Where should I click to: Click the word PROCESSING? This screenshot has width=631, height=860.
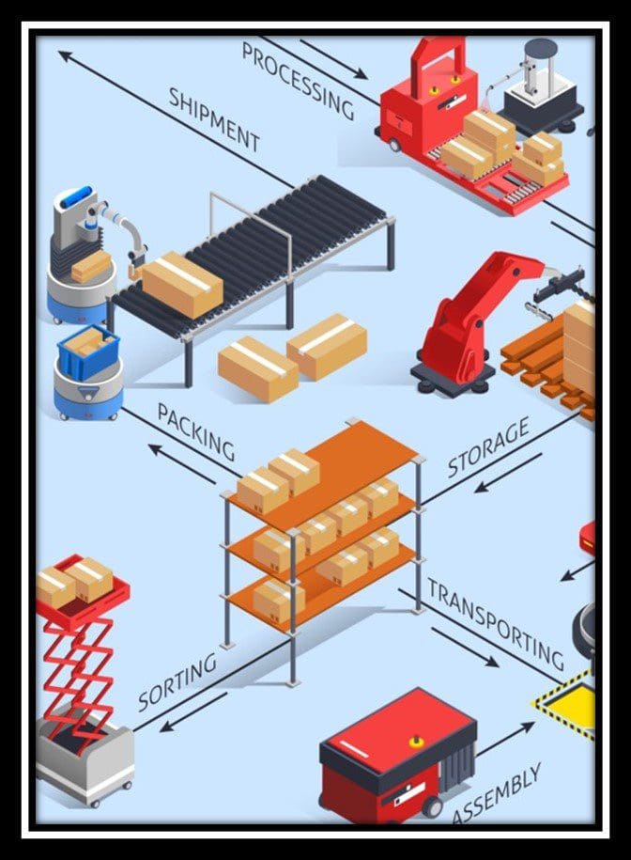tap(299, 82)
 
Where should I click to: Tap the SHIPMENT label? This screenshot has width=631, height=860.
tap(214, 119)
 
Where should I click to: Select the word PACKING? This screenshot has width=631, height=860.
tap(196, 431)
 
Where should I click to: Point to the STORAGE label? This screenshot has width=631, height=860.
tap(488, 447)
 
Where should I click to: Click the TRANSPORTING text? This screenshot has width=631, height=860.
tap(496, 624)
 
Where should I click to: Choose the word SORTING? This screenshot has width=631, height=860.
tap(177, 681)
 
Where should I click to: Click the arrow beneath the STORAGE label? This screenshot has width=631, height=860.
tap(508, 473)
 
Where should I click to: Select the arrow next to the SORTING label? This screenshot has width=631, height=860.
tap(193, 711)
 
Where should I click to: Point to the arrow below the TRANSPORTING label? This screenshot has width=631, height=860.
tap(465, 648)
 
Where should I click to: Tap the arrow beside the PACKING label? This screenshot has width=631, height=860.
tap(182, 464)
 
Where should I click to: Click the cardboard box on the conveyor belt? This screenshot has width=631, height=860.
tap(182, 284)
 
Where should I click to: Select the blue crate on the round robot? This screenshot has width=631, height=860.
tap(87, 351)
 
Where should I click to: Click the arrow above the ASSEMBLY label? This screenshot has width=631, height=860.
tap(505, 740)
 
